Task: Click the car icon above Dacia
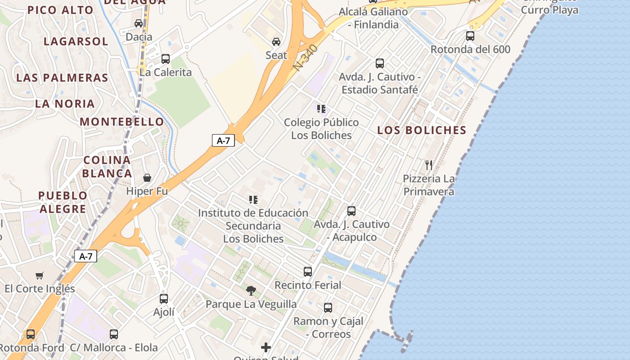139,23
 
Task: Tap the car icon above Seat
276,42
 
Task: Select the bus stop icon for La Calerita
165,58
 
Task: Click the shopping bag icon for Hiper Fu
147,178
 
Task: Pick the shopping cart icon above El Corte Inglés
40,275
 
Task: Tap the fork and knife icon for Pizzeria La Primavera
428,165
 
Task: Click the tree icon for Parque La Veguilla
251,291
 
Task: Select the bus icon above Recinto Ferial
308,271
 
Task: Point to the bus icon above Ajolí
164,298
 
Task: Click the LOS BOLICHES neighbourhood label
422,130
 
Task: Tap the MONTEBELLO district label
122,121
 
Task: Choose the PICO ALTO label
60,10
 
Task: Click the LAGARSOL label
76,41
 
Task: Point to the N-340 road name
305,57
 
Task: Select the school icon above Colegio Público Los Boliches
321,109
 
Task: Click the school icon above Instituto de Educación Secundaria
253,199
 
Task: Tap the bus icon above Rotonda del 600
470,36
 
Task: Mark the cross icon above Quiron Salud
266,347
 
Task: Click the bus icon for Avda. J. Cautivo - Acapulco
351,211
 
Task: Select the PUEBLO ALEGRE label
63,202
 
